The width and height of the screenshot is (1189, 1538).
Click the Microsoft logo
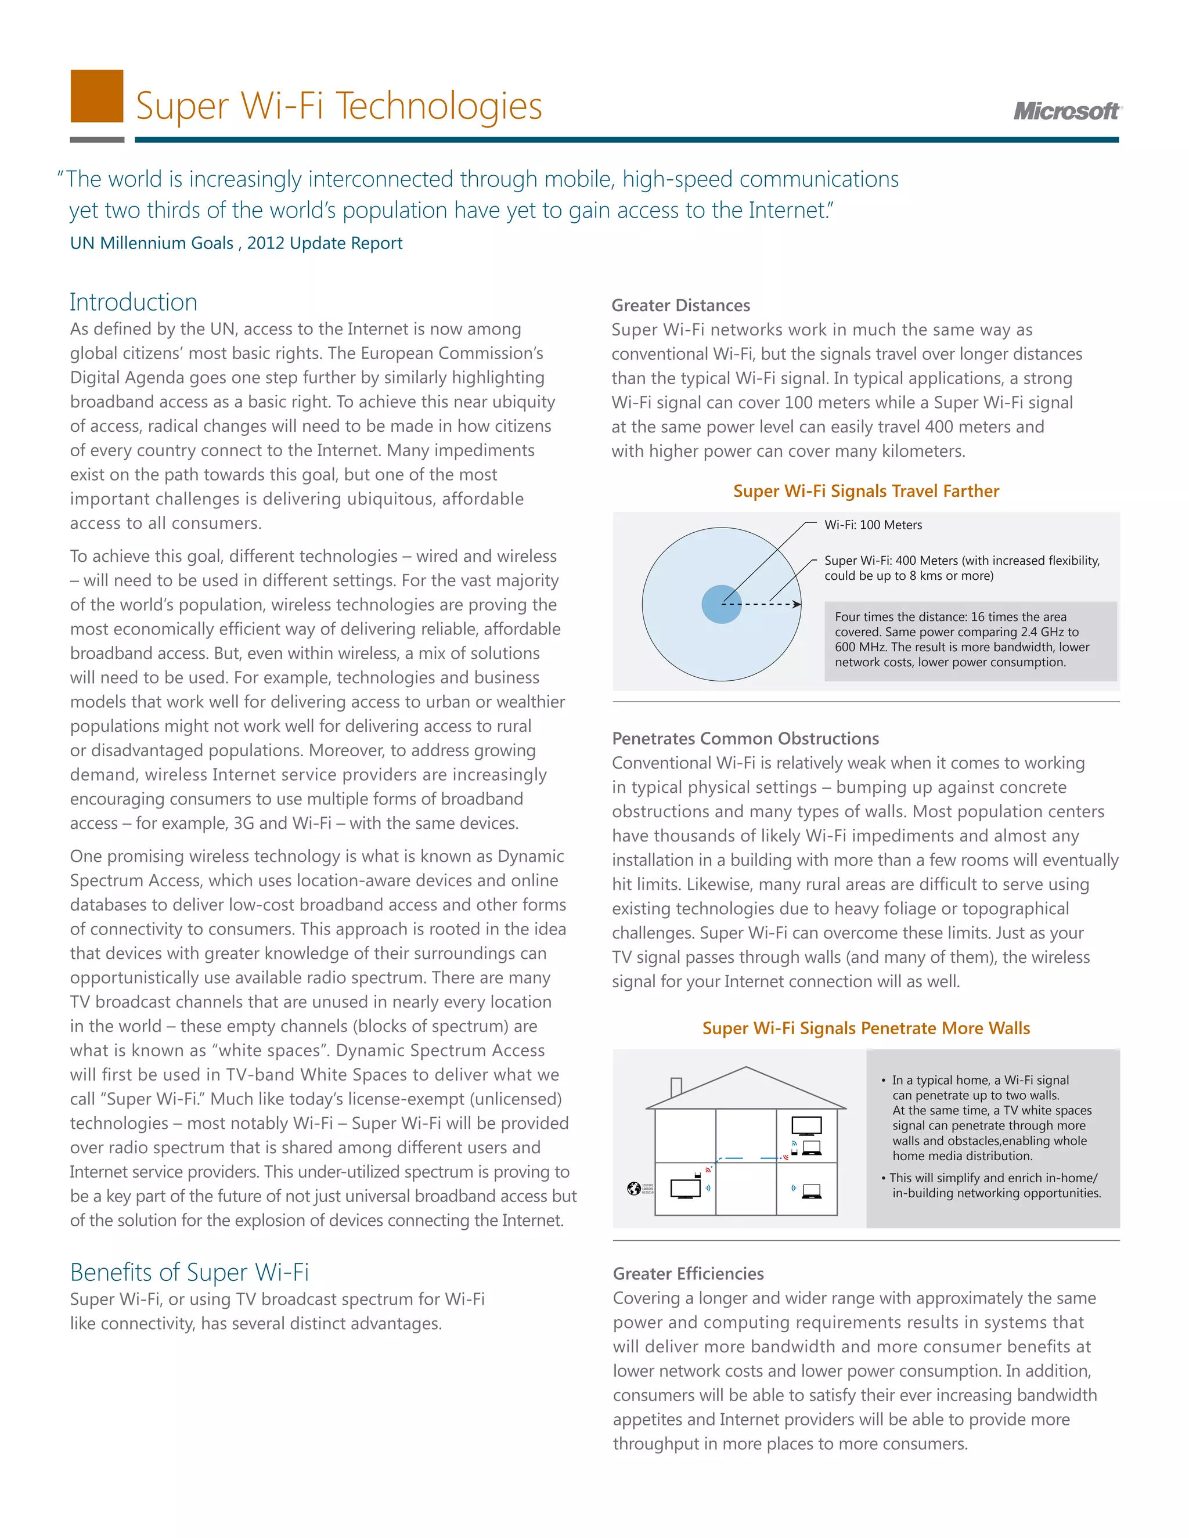(1067, 111)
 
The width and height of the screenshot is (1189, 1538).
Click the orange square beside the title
(97, 96)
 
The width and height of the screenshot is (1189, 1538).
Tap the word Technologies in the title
(438, 106)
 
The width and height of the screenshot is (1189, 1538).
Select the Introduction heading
(133, 302)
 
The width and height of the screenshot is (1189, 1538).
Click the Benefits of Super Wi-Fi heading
(189, 1272)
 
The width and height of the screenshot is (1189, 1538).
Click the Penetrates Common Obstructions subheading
(745, 739)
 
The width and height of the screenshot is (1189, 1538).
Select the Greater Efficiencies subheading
(688, 1273)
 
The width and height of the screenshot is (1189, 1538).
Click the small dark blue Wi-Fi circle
(720, 604)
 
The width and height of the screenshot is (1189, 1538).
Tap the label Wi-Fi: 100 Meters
(873, 525)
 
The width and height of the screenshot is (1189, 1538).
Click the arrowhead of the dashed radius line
(797, 604)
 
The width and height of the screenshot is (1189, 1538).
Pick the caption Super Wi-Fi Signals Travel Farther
(866, 491)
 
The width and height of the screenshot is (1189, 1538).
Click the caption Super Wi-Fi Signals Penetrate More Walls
(866, 1028)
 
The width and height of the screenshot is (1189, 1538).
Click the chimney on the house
(676, 1087)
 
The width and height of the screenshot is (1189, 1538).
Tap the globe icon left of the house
(633, 1189)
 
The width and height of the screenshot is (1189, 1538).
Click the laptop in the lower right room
(812, 1191)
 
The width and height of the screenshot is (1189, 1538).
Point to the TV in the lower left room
(686, 1189)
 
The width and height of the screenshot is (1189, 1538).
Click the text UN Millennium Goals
(152, 243)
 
